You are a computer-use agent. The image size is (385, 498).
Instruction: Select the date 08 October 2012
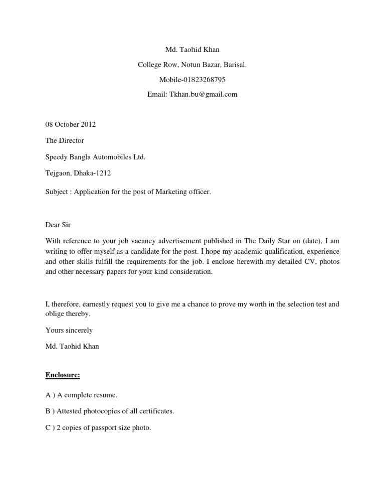click(x=71, y=124)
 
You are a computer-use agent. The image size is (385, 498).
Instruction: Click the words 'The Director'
click(x=65, y=141)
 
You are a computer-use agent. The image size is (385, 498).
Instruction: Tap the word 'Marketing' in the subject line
click(x=171, y=192)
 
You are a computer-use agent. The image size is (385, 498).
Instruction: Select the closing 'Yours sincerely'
click(x=69, y=330)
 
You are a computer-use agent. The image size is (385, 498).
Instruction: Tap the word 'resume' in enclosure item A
click(x=105, y=395)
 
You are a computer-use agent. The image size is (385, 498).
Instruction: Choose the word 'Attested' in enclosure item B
click(x=71, y=411)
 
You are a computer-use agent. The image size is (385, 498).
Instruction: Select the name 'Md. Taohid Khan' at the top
click(x=192, y=50)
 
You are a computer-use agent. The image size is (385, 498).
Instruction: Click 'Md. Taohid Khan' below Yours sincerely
click(x=72, y=346)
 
